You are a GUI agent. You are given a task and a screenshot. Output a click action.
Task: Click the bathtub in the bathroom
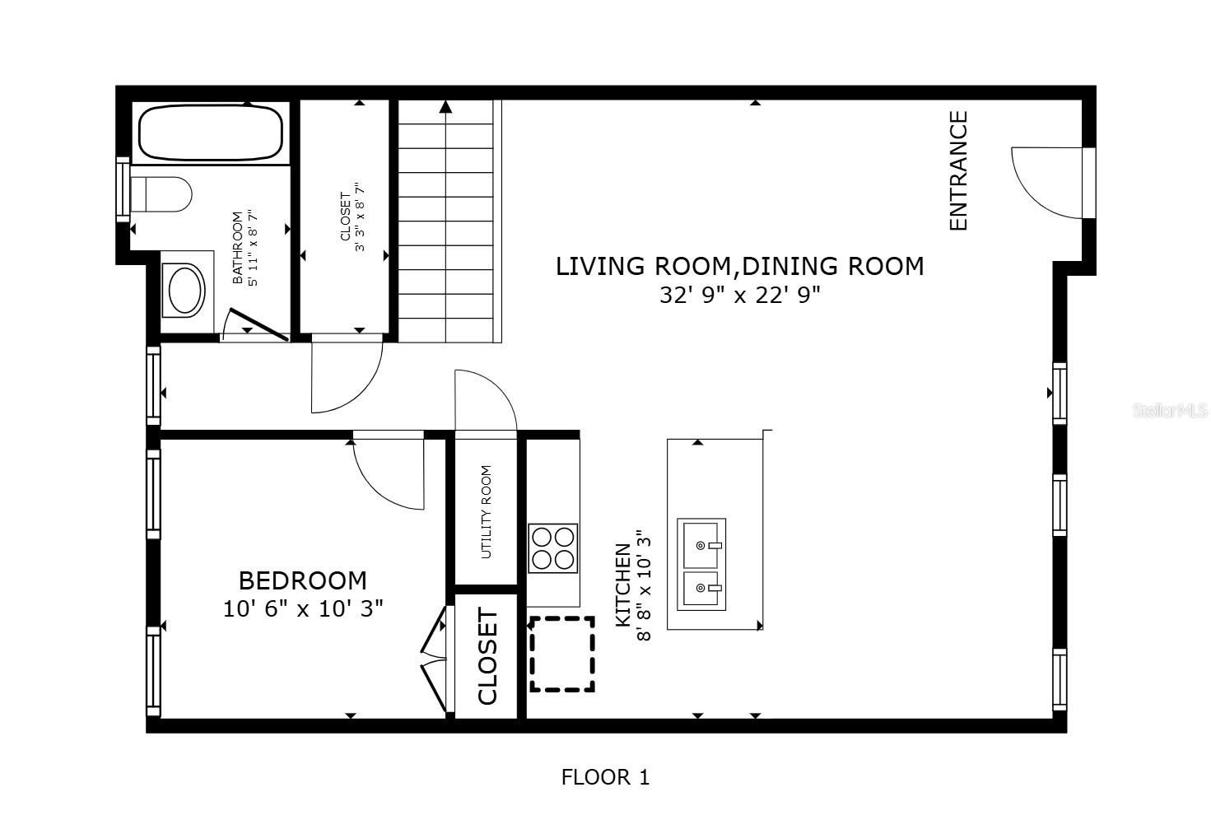click(x=211, y=132)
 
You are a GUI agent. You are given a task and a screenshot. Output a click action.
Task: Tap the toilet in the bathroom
click(x=162, y=194)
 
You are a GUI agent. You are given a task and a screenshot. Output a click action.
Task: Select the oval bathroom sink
click(x=185, y=291)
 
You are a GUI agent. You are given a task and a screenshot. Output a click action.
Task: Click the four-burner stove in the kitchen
click(x=553, y=548)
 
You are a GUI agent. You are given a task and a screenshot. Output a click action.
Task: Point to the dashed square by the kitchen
click(x=562, y=655)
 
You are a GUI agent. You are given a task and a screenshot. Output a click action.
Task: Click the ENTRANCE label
click(x=959, y=170)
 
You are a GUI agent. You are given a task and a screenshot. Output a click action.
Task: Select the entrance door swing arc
click(x=1044, y=183)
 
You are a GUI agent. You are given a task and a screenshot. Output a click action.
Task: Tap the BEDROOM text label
click(x=302, y=580)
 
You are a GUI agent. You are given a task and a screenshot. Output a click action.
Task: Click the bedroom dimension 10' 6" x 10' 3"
click(x=302, y=609)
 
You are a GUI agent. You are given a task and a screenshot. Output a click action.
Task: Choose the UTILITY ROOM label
click(x=486, y=512)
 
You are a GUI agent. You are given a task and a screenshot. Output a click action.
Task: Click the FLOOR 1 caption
click(x=605, y=776)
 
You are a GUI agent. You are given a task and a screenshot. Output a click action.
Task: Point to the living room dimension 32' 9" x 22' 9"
click(x=739, y=295)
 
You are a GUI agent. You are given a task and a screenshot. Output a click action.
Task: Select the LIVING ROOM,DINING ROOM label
click(x=739, y=266)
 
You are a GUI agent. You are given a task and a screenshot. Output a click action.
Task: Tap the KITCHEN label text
click(x=623, y=585)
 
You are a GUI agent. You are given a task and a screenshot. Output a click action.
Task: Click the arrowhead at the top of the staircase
click(x=445, y=106)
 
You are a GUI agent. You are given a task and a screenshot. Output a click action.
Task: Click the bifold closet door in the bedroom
click(x=434, y=659)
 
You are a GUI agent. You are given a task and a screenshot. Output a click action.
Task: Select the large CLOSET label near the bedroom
click(x=487, y=656)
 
